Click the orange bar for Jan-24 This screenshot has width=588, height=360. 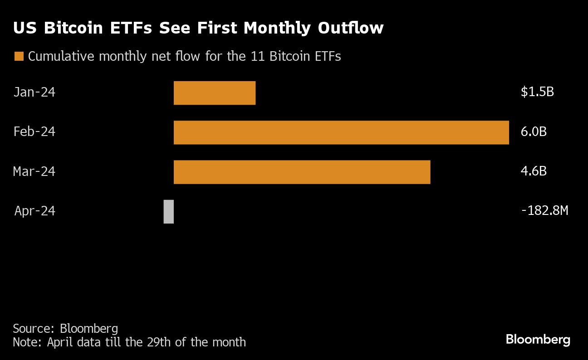click(215, 93)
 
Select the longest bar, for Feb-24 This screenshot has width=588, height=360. click(341, 132)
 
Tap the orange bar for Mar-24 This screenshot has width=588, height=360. click(302, 172)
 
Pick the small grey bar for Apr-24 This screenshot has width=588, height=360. click(168, 211)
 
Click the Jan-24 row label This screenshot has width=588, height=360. click(34, 92)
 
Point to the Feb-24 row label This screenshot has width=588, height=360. click(34, 132)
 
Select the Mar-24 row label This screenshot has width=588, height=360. click(34, 171)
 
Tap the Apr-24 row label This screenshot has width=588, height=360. click(34, 211)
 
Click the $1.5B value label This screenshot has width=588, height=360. click(537, 92)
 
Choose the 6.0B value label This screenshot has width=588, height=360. click(534, 132)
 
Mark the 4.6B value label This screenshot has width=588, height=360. click(534, 171)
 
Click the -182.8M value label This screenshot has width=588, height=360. click(544, 211)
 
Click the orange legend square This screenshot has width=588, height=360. click(19, 56)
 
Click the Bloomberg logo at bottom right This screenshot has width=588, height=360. click(538, 340)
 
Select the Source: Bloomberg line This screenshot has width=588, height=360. click(65, 328)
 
